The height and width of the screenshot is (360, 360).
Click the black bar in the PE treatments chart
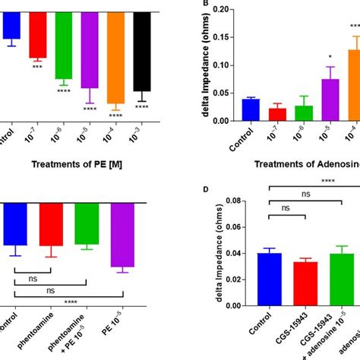tap(141, 52)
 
